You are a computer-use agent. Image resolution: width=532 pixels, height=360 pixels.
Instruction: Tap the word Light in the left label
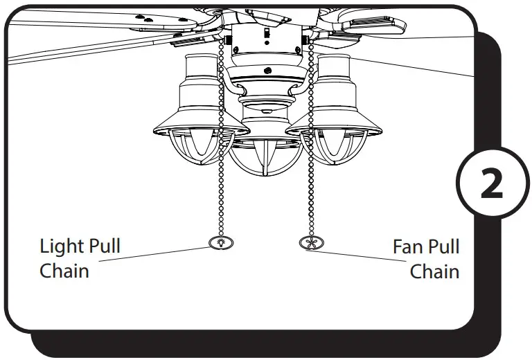61,246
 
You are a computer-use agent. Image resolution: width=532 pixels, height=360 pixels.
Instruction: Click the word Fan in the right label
408,246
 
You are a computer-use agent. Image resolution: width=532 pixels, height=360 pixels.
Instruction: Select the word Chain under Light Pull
64,271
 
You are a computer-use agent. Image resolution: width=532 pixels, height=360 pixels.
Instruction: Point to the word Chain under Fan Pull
434,271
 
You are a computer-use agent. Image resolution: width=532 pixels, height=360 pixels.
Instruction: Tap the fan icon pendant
308,243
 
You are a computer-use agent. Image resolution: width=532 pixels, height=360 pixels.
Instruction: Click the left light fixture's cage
201,147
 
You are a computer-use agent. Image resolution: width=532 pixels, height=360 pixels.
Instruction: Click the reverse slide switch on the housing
265,35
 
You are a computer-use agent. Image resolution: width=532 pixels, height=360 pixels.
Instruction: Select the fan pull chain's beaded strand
309,187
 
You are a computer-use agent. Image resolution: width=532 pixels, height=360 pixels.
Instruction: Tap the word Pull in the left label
104,246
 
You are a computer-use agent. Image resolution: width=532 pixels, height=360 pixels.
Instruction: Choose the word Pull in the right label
443,246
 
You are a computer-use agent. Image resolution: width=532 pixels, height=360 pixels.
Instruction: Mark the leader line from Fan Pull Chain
360,255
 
